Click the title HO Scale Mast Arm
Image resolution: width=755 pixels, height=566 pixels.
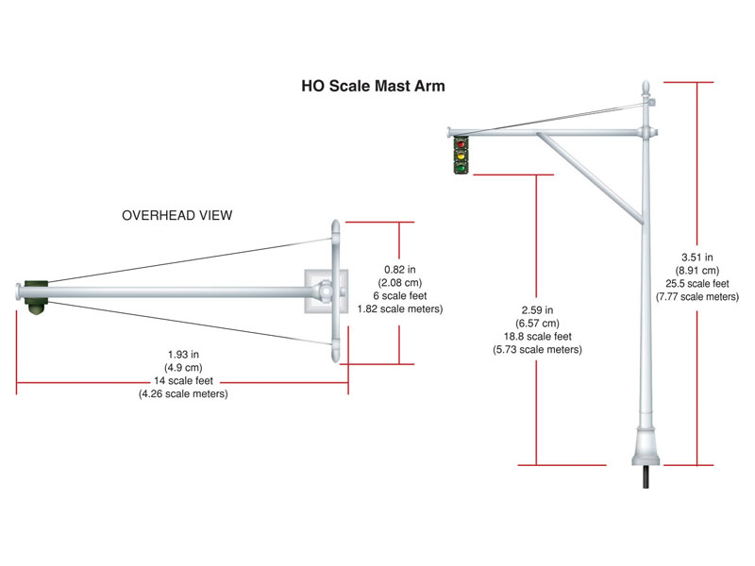(x=373, y=86)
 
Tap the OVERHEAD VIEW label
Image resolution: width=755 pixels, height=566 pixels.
(x=177, y=215)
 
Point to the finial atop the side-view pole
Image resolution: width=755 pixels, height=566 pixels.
(x=646, y=89)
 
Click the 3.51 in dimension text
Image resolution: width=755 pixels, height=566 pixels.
(x=696, y=256)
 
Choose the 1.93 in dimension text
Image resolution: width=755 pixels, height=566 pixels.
(x=183, y=355)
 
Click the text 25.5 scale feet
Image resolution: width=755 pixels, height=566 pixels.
(x=696, y=283)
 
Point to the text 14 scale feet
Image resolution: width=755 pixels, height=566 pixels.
(x=183, y=381)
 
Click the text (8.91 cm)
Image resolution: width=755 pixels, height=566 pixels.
(x=696, y=270)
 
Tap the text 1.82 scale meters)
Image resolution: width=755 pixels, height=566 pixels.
(x=400, y=308)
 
